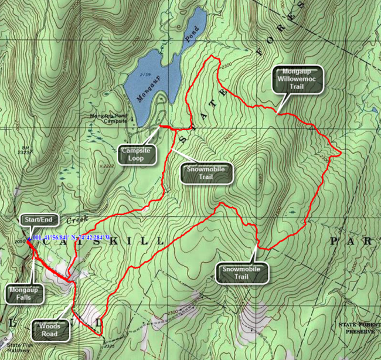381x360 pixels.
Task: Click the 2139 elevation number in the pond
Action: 144,75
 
